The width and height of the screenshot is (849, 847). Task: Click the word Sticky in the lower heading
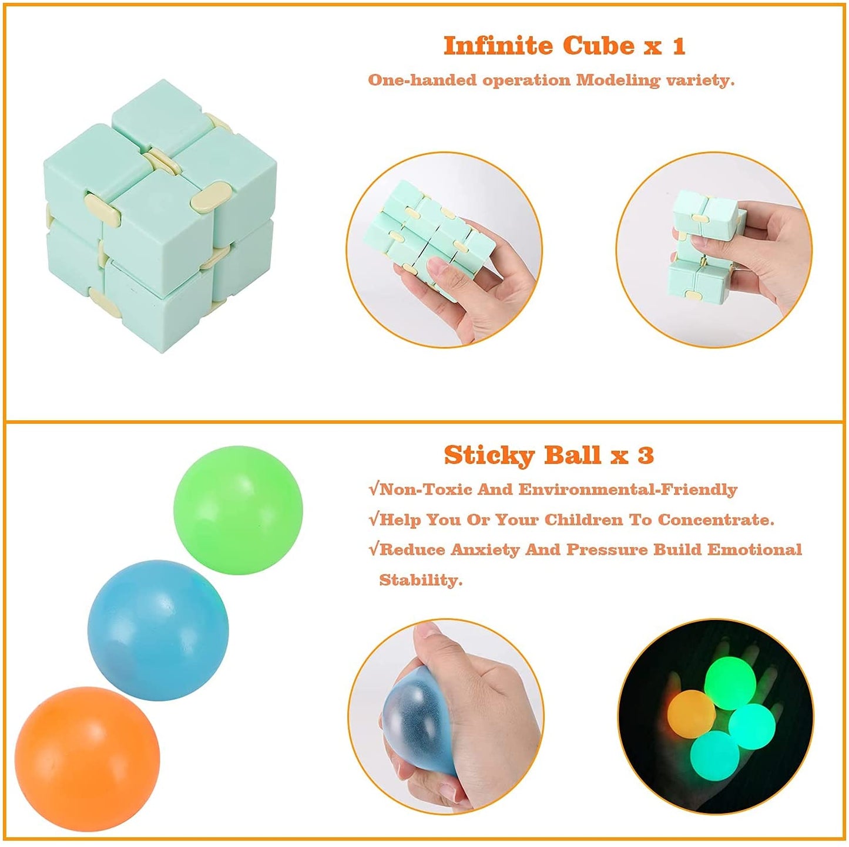[x=489, y=455]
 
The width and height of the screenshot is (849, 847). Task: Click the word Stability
[x=421, y=580]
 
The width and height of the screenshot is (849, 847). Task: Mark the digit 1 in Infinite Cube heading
[x=678, y=46]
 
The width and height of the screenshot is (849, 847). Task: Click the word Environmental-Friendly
[x=628, y=489]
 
